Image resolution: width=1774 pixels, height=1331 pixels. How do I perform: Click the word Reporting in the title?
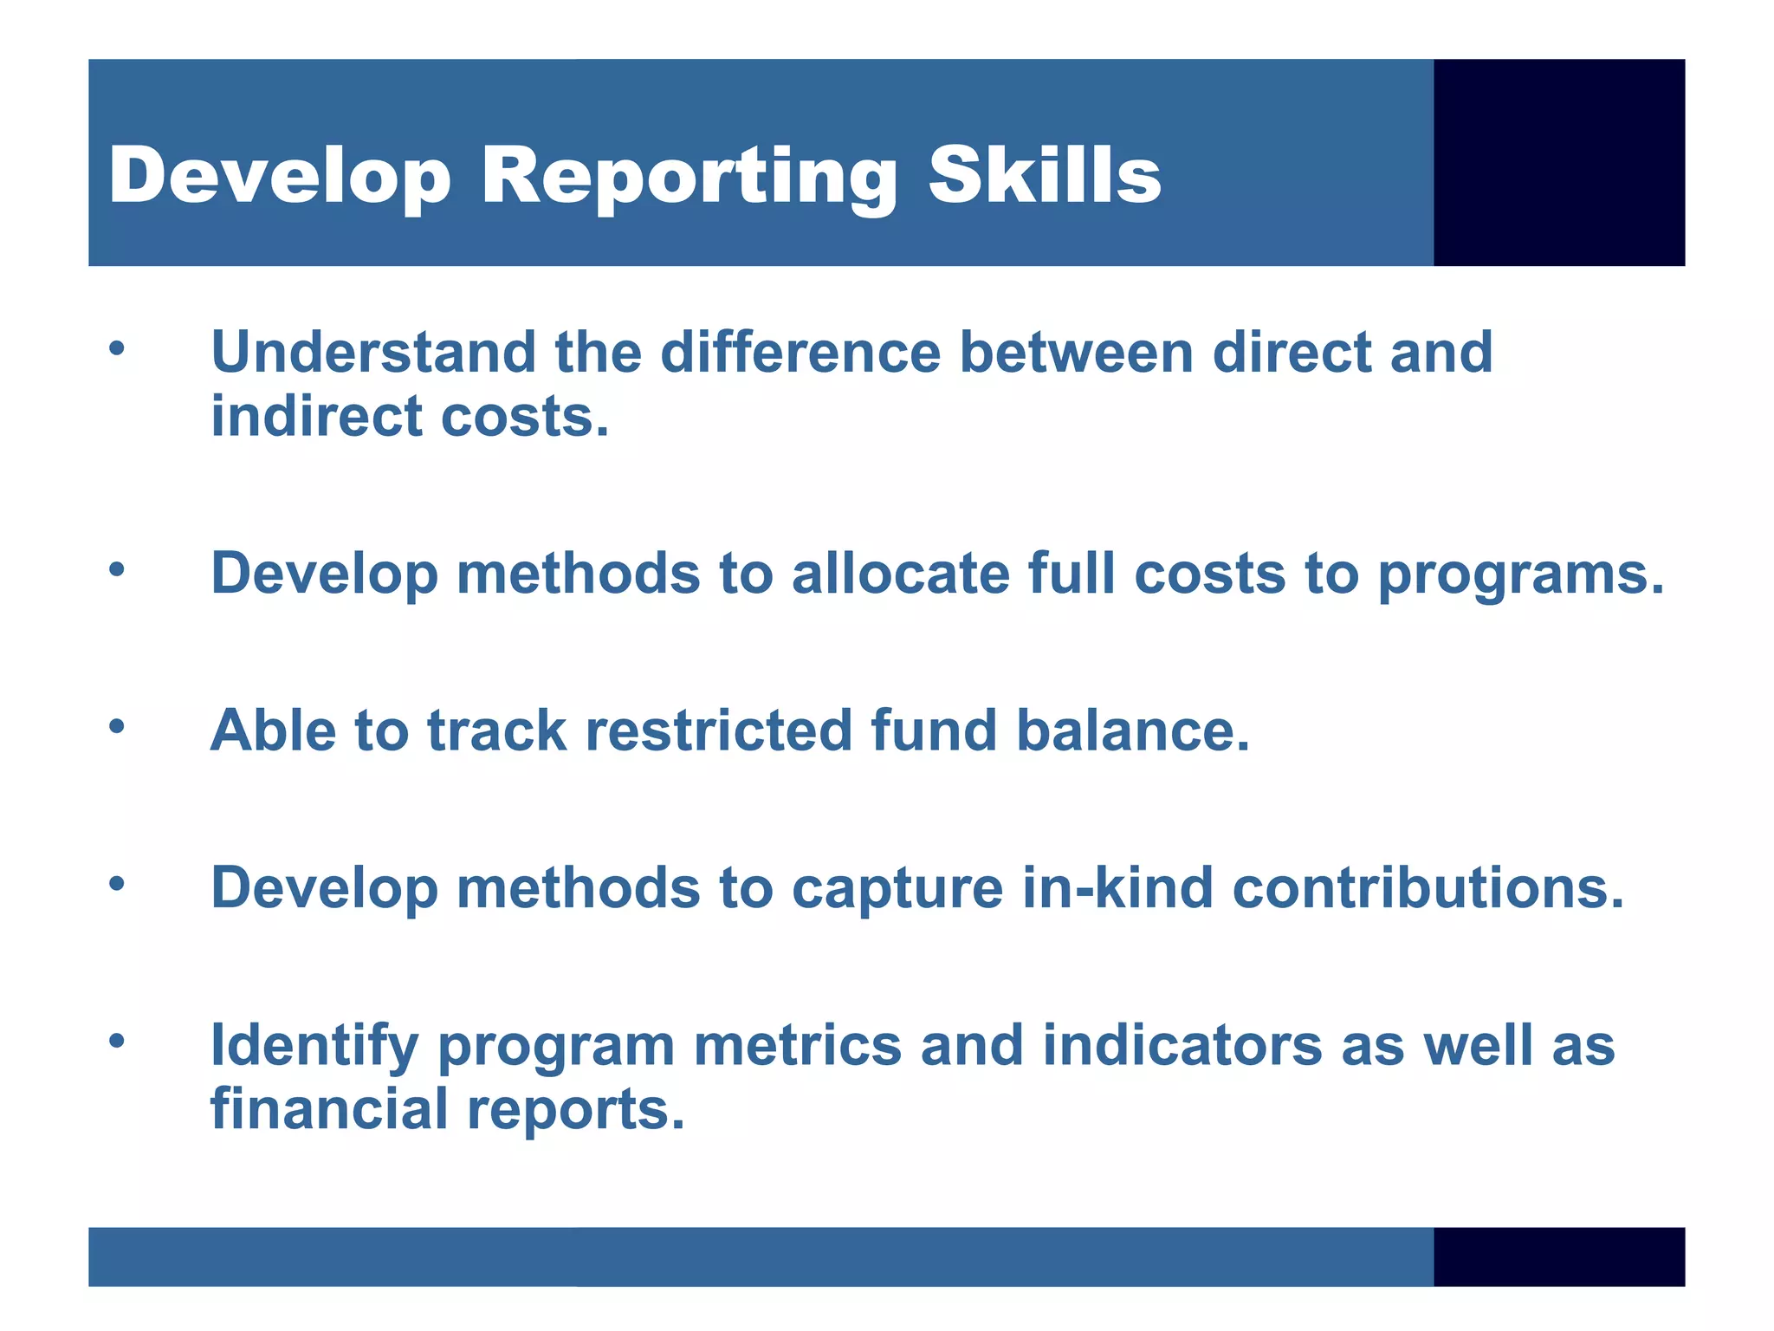689,178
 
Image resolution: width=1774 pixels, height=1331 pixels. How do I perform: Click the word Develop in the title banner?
280,178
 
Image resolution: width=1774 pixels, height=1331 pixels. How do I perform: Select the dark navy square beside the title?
1558,162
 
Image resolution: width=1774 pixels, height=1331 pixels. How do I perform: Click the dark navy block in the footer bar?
1558,1256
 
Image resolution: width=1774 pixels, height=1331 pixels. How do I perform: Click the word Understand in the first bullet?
373,353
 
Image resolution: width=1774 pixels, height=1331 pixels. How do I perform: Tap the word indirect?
316,417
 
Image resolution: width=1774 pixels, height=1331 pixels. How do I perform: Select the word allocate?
900,575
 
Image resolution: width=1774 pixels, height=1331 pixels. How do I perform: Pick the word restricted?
719,730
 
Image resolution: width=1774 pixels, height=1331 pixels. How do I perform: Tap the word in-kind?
1117,888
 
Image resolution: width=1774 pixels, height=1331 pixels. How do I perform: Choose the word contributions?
1428,888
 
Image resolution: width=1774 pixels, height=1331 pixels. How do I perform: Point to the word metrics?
797,1046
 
